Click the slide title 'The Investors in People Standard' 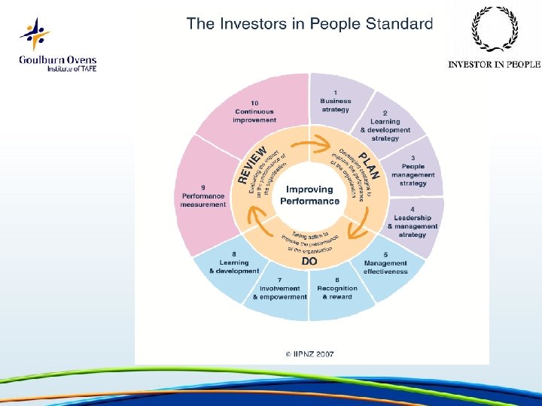309,24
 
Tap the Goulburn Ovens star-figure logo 35,35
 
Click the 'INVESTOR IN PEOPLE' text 494,65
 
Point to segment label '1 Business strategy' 335,101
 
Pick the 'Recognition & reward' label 336,292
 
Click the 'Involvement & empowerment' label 279,292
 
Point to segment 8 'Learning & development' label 233,263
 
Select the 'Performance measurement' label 203,200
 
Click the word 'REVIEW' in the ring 253,165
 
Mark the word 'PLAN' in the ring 370,165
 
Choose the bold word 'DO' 309,261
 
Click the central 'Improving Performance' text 309,195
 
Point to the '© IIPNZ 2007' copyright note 309,353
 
